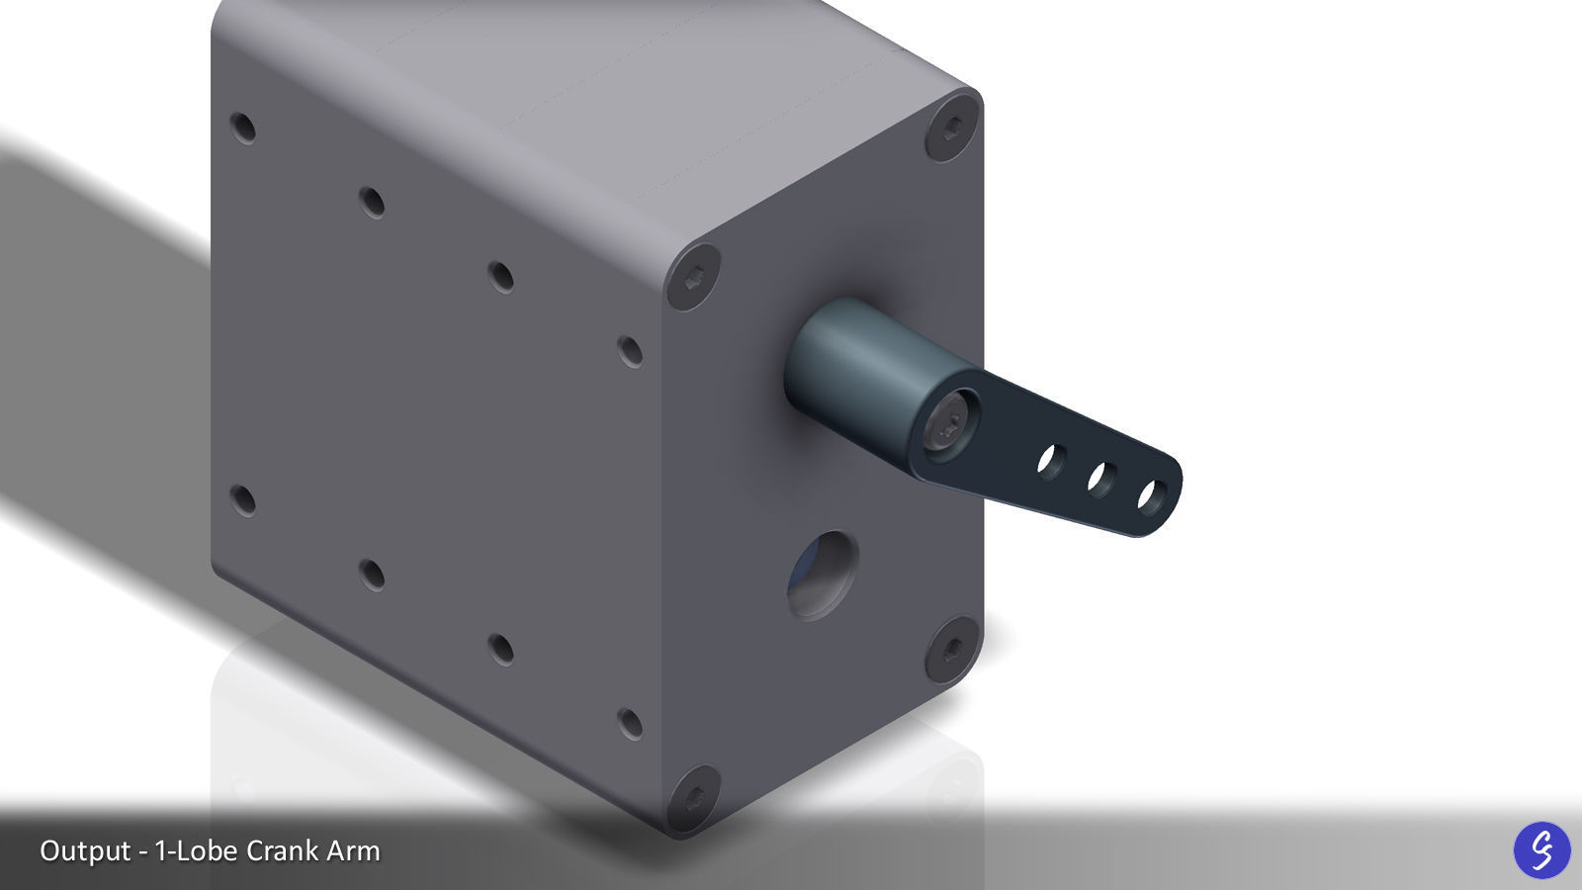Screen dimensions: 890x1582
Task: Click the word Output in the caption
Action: click(x=85, y=850)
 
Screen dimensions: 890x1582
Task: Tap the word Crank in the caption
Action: click(x=279, y=850)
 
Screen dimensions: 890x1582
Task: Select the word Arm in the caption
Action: click(x=352, y=850)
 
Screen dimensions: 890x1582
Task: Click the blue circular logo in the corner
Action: click(x=1541, y=849)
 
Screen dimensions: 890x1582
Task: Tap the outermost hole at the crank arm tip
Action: click(x=1150, y=495)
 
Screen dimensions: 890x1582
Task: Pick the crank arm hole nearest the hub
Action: click(x=1051, y=460)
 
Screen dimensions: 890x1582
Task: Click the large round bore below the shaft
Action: click(x=822, y=576)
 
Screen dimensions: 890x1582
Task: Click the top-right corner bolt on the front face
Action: click(x=952, y=127)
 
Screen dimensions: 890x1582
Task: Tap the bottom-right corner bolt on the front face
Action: click(x=952, y=649)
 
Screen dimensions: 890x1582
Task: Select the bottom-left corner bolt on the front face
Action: click(x=692, y=797)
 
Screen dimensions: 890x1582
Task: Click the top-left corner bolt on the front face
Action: click(x=692, y=278)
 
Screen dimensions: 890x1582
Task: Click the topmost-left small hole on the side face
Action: click(x=242, y=128)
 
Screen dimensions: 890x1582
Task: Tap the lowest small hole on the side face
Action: click(x=630, y=723)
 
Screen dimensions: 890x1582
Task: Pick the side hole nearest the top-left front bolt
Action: click(x=630, y=350)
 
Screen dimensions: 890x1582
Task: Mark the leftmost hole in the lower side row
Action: click(x=242, y=499)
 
